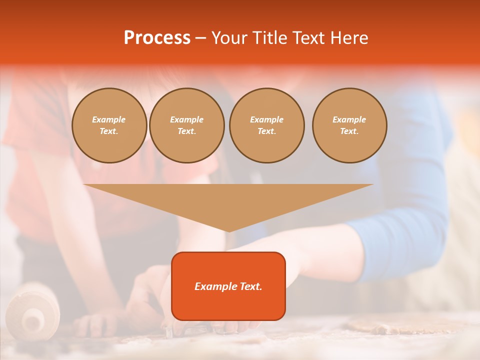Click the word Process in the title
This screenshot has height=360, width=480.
pos(157,38)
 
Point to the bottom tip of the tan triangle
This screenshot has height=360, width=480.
pos(228,231)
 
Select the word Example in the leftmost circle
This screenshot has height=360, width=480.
pos(109,120)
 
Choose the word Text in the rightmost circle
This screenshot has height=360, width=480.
pos(349,131)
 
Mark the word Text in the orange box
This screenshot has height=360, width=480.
pos(250,286)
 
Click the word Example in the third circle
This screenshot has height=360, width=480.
pos(266,120)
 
